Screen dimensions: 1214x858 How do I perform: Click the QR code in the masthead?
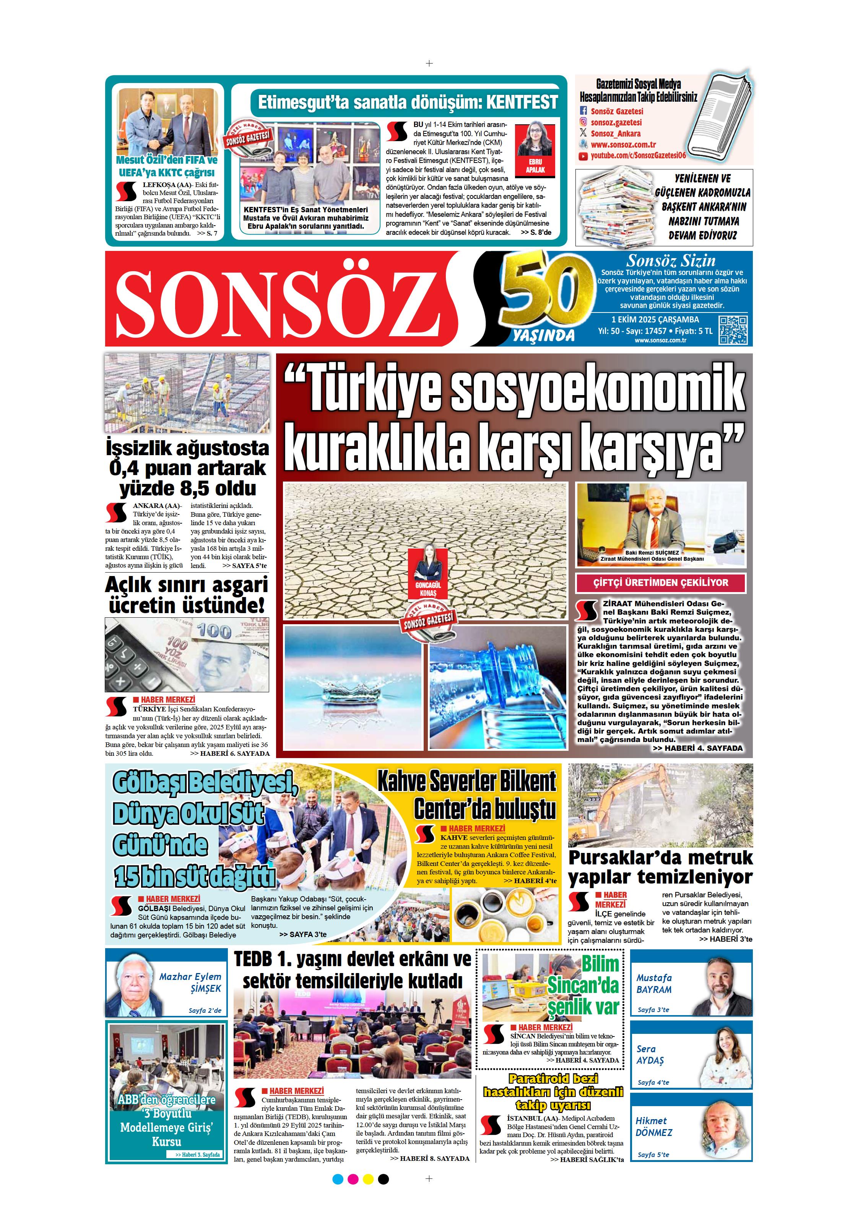click(x=733, y=330)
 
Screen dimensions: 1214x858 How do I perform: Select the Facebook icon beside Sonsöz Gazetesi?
click(x=583, y=111)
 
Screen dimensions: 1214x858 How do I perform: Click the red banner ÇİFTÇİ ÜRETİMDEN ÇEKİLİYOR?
click(x=661, y=583)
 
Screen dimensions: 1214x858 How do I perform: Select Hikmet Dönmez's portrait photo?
click(x=724, y=1133)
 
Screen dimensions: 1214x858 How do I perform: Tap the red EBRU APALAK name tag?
click(x=535, y=166)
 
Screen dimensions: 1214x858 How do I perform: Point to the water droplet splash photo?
click(x=353, y=687)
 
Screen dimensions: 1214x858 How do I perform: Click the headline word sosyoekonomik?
click(x=597, y=389)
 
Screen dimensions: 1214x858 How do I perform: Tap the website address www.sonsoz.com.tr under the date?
click(x=660, y=340)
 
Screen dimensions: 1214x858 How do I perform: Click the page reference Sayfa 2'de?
click(x=205, y=1011)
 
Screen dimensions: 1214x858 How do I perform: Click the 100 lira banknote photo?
click(x=187, y=654)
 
